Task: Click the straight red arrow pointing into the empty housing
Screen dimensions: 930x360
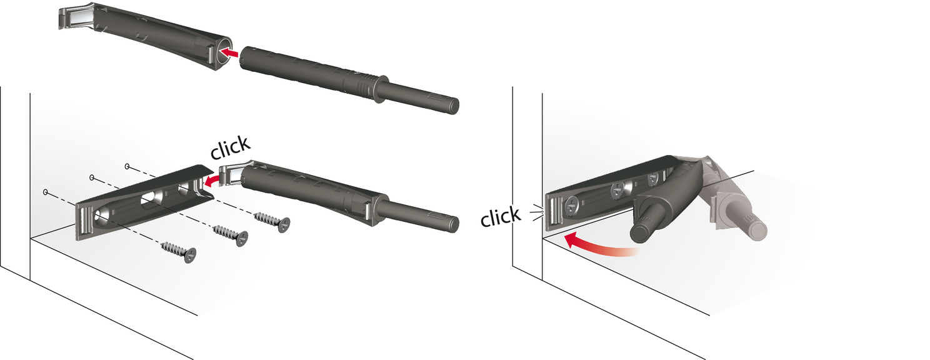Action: click(x=229, y=52)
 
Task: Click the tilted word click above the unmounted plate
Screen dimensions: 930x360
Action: click(x=231, y=147)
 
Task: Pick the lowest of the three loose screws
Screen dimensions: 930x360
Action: click(x=179, y=251)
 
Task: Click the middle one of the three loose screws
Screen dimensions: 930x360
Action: click(x=231, y=235)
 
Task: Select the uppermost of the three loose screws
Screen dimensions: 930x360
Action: click(x=272, y=221)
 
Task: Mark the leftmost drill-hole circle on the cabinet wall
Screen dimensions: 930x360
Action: click(x=45, y=192)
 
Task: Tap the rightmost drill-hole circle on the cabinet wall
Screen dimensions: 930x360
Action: click(x=127, y=166)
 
